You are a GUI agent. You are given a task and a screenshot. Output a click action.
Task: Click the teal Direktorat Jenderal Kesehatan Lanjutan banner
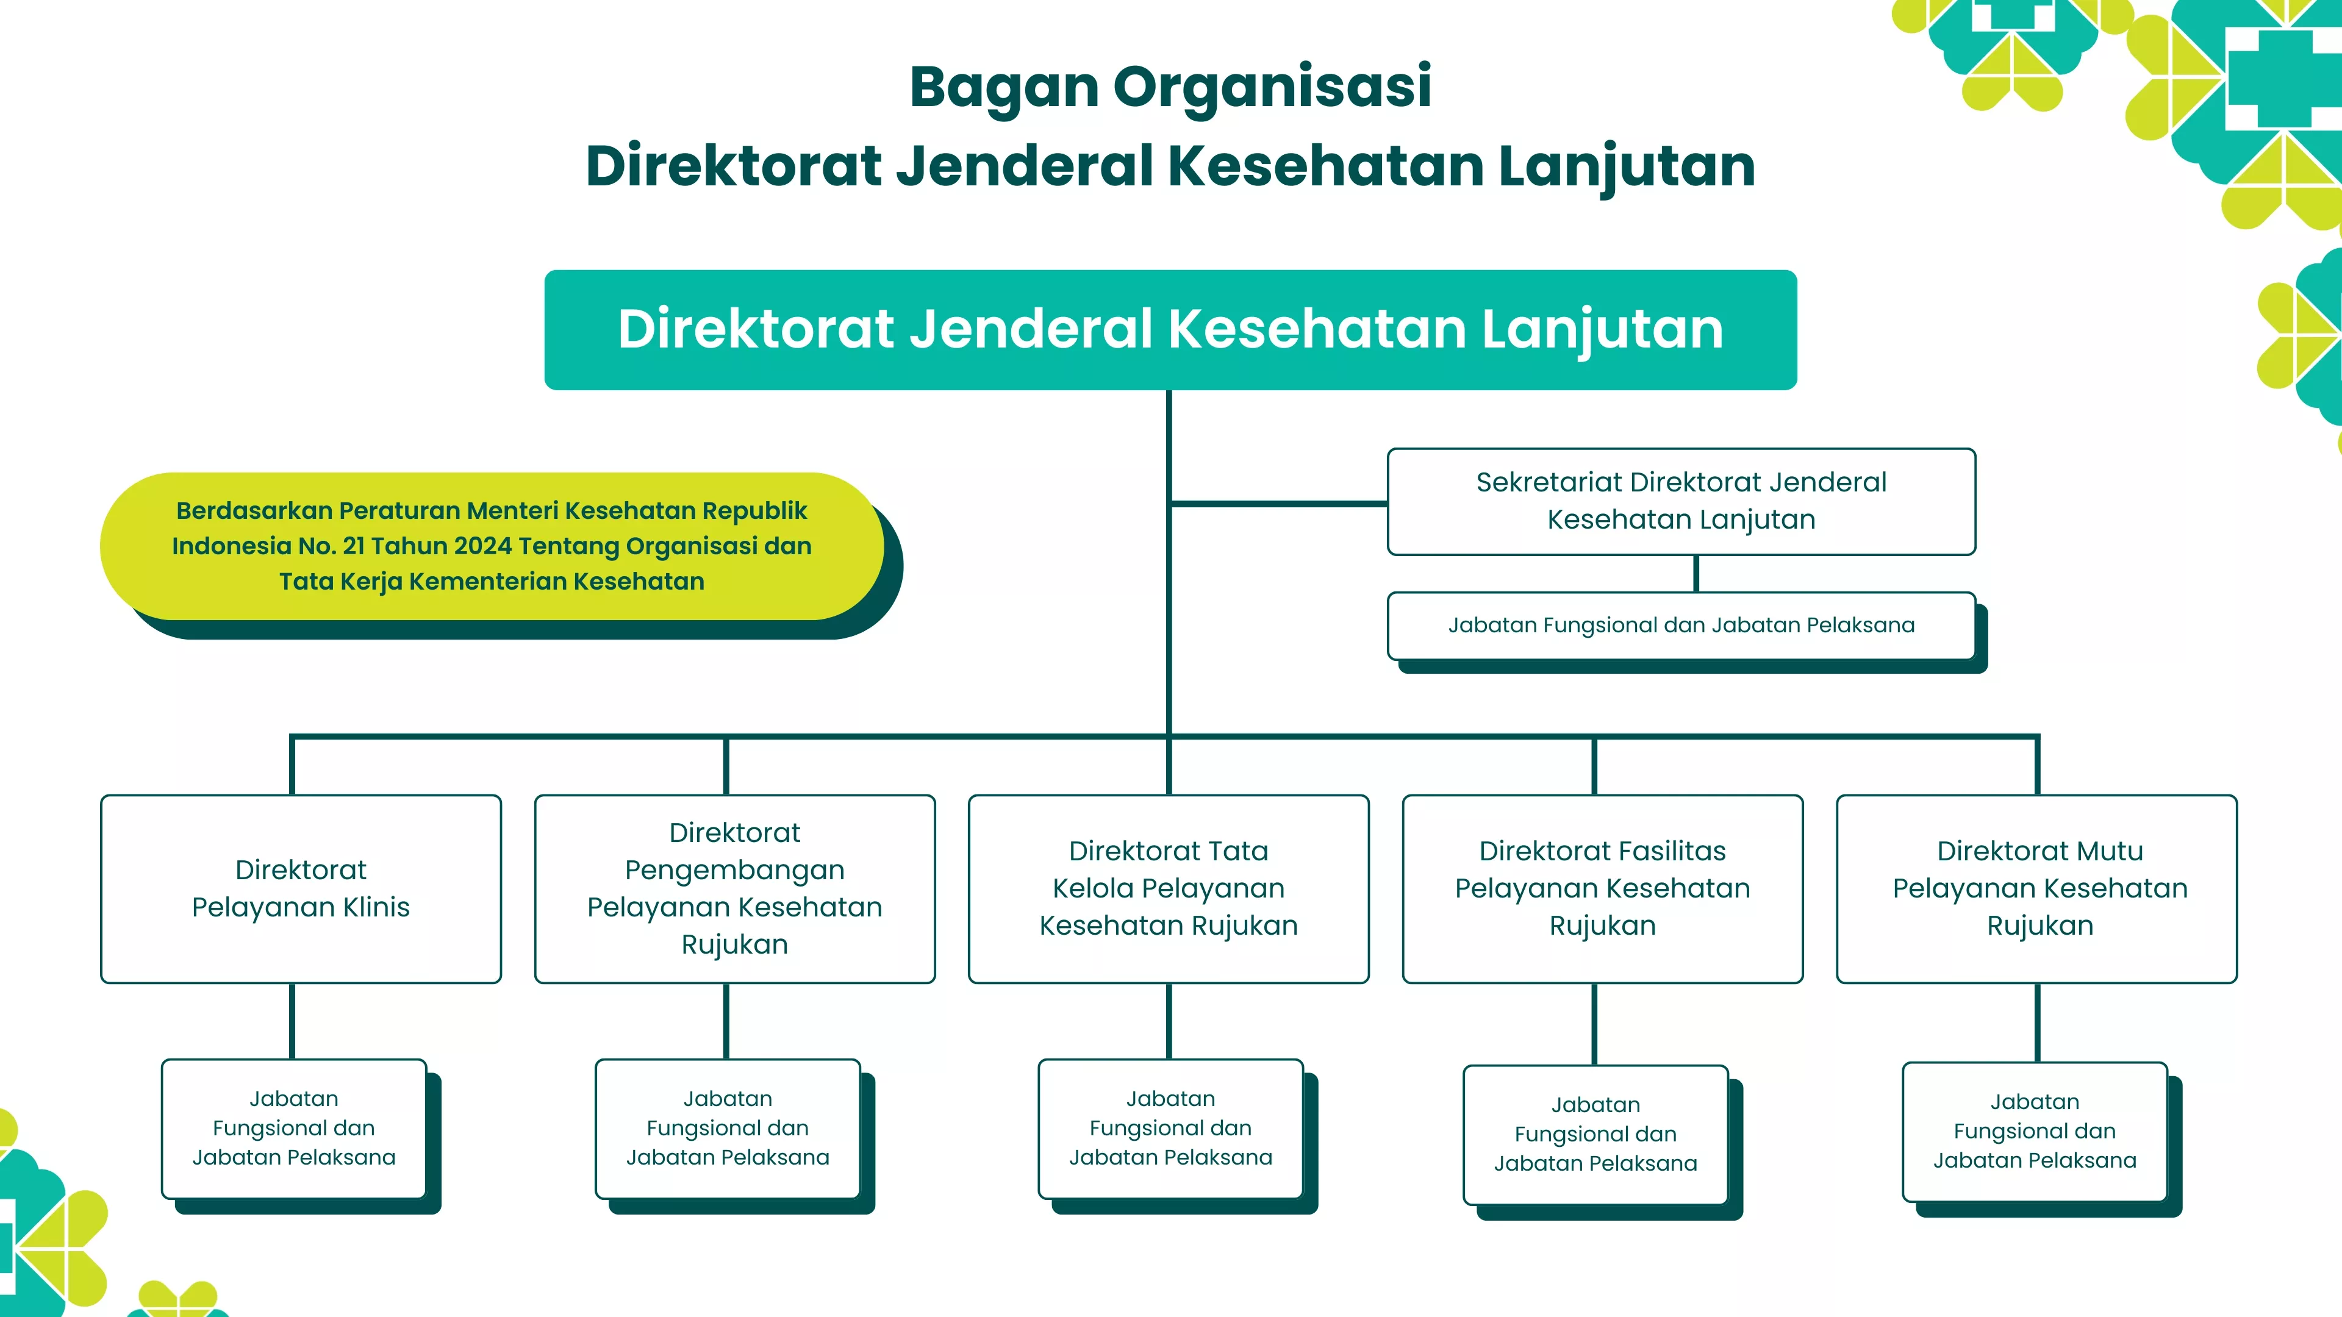1170,329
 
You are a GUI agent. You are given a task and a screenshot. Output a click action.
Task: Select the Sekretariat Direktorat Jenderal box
1680,501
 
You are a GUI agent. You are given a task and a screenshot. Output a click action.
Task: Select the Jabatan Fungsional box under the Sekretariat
1680,626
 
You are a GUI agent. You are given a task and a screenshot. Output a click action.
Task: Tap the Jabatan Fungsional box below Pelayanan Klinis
293,1128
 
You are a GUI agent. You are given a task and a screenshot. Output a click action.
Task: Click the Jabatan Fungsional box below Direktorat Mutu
2035,1130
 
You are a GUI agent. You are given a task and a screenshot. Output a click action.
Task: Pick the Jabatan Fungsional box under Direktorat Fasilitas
1595,1134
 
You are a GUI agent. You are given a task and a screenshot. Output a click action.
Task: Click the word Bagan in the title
1004,87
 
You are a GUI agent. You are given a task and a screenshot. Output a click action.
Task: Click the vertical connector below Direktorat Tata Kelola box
1169,1021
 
